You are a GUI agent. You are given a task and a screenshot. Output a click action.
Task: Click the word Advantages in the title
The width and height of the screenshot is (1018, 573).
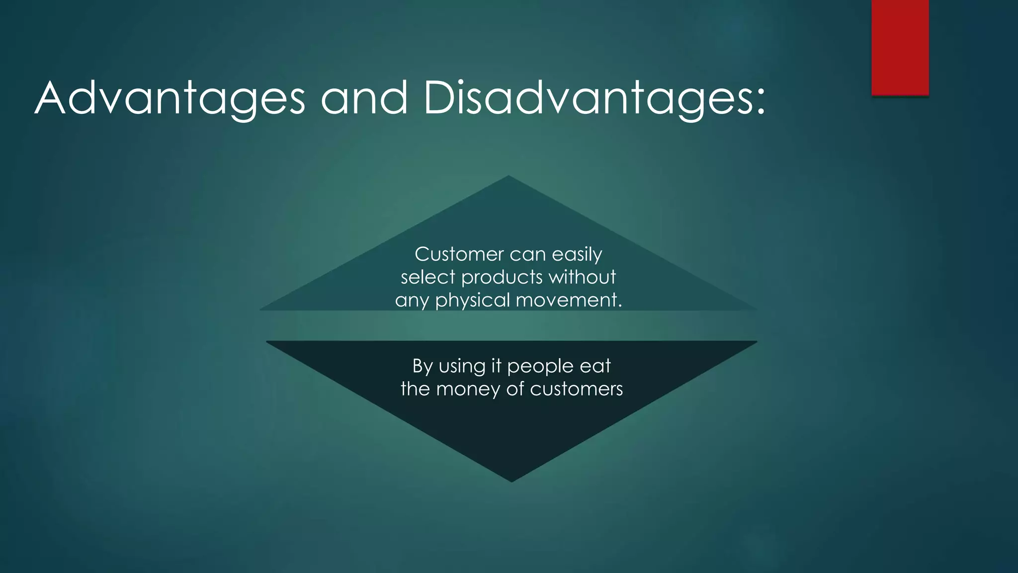coord(170,99)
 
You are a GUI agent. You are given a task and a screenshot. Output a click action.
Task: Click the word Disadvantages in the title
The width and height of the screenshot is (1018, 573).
coord(586,99)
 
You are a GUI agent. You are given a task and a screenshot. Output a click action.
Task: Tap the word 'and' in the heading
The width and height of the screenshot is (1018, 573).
coord(364,98)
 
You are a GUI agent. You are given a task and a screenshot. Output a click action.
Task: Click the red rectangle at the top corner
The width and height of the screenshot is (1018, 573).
coord(900,47)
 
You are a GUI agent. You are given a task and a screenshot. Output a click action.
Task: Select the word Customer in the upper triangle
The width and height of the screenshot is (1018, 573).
coord(459,254)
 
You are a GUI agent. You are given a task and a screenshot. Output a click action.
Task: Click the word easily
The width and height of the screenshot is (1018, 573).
coord(577,255)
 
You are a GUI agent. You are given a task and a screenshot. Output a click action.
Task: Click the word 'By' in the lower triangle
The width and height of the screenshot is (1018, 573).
coord(422,367)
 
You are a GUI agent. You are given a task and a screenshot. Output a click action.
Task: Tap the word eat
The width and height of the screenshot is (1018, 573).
coord(595,366)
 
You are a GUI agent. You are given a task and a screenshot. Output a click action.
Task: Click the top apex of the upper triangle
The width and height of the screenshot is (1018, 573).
coord(509,178)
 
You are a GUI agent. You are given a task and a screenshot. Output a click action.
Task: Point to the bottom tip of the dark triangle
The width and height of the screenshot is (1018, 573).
coord(511,479)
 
